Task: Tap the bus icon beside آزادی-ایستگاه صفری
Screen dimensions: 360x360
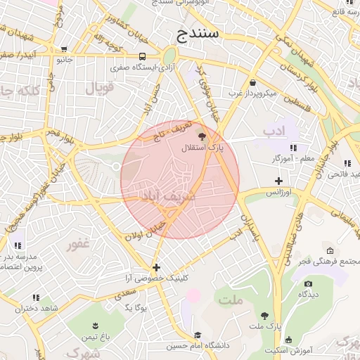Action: [x=143, y=56]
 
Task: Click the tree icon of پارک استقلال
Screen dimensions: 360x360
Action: [x=202, y=136]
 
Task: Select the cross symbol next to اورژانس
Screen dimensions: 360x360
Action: [x=279, y=181]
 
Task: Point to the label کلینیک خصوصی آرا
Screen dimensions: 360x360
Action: [x=155, y=278]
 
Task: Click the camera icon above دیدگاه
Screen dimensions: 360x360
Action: [x=308, y=284]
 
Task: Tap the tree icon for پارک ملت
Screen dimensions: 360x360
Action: [x=264, y=316]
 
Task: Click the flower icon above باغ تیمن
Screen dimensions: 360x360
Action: [x=96, y=325]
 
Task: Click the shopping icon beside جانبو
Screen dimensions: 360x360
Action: [x=65, y=49]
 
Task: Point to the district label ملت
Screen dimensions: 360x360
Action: [x=229, y=300]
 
